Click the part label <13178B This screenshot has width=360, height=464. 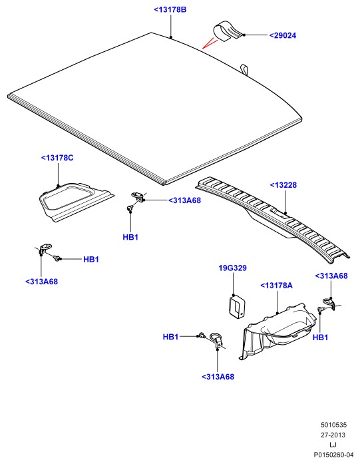point(170,10)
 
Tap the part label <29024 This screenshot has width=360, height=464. point(283,35)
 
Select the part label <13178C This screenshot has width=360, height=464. point(57,158)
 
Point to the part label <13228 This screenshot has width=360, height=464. point(283,185)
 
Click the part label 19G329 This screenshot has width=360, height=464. point(232,268)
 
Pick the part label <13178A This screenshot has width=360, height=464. point(276,286)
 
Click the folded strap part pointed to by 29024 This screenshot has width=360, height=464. point(228,30)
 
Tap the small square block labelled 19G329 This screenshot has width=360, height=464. point(237,306)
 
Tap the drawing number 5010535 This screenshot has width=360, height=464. point(333,425)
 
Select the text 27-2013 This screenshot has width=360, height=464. point(333,435)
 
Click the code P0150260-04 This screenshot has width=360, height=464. point(333,455)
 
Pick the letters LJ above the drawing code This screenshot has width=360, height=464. point(333,445)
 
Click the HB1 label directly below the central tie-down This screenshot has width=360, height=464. point(130,237)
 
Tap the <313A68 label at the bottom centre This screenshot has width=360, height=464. point(218,377)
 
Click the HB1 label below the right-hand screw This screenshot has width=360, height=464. point(320,338)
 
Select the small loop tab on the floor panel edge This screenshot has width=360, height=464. point(244,69)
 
